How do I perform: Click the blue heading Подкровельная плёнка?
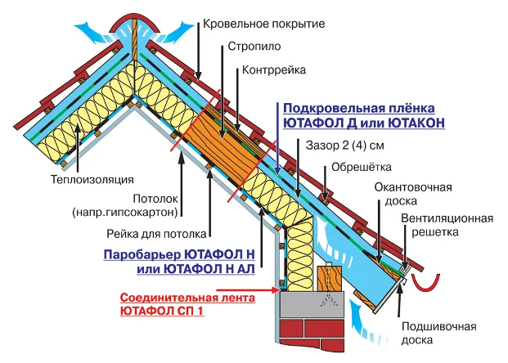[x=362, y=109]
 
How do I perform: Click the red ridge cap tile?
[x=133, y=20]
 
